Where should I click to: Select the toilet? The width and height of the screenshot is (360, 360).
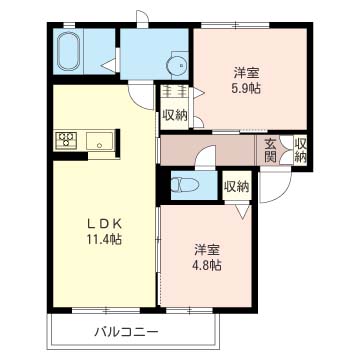186,186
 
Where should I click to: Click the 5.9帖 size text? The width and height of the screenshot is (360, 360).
247,88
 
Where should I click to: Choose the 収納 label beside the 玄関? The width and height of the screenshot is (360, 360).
300,150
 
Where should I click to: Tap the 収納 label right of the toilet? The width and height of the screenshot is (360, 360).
236,186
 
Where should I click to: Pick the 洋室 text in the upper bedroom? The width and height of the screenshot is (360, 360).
247,72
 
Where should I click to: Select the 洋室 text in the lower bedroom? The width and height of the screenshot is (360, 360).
207,249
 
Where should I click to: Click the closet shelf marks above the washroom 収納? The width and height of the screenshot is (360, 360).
173,93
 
